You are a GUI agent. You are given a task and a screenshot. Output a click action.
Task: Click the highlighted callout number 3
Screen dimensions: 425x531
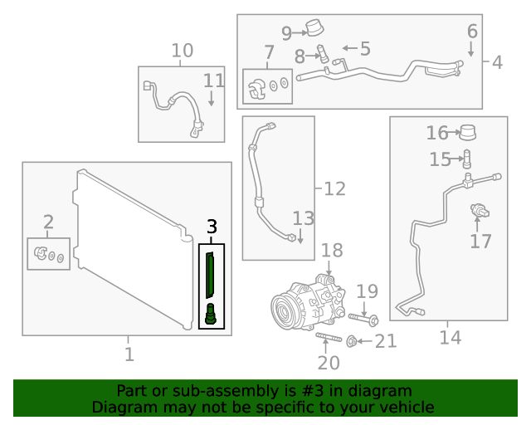[212, 226]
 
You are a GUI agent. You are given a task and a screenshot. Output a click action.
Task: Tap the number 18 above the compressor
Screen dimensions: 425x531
[331, 251]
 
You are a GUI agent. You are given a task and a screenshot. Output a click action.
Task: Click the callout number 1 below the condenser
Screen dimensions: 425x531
[129, 354]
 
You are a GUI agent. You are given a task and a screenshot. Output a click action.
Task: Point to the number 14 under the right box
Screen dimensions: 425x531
[449, 338]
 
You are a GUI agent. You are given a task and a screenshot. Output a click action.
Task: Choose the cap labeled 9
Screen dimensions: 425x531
[314, 29]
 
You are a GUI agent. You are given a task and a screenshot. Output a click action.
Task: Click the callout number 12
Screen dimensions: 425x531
[334, 189]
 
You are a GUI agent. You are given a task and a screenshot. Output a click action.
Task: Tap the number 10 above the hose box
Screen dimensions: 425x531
[182, 51]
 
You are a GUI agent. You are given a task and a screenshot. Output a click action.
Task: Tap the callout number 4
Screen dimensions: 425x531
[497, 62]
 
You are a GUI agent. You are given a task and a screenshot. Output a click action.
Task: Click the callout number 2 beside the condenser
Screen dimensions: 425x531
[48, 222]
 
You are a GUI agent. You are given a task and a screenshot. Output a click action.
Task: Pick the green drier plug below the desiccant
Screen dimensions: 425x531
[212, 315]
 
